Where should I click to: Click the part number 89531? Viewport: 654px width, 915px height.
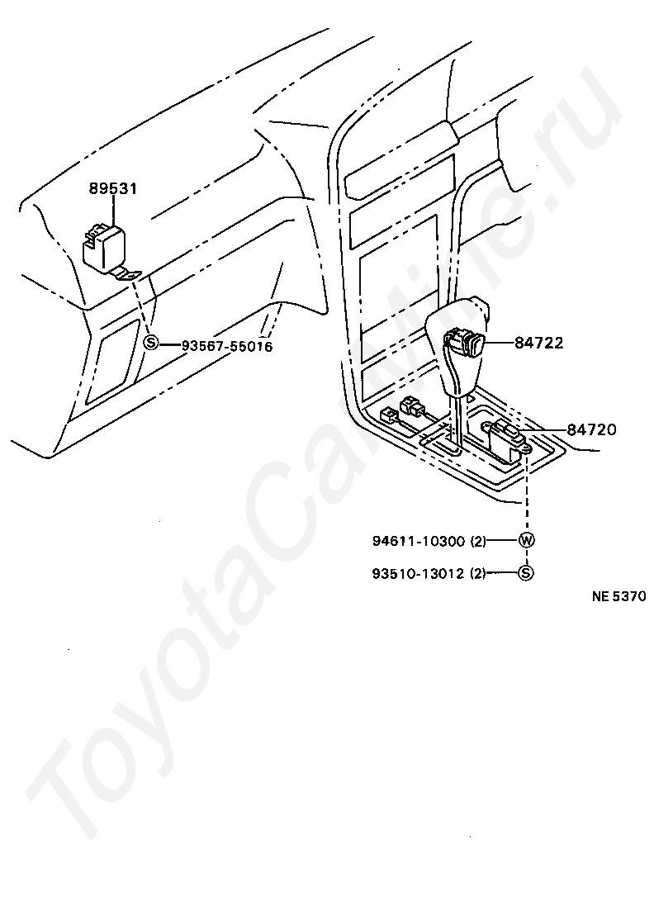point(113,188)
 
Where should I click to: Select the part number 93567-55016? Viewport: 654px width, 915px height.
point(227,346)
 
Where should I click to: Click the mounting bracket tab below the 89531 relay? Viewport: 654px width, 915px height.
point(128,276)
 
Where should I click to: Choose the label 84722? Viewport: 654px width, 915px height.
point(538,343)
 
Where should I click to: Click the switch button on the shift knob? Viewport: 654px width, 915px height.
point(462,342)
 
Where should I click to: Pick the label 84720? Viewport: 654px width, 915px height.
point(590,429)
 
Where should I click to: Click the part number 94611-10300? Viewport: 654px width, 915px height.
point(418,542)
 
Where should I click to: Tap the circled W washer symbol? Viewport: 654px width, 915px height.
point(526,542)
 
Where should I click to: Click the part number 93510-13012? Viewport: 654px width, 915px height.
point(418,572)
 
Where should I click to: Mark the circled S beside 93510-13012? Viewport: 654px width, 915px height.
point(526,572)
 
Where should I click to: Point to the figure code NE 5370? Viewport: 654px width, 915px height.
point(617,597)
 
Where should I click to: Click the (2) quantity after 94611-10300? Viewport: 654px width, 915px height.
point(478,542)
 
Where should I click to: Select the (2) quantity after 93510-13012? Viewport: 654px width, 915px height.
point(478,572)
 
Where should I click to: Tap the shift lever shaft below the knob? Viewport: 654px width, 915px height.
point(455,421)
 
